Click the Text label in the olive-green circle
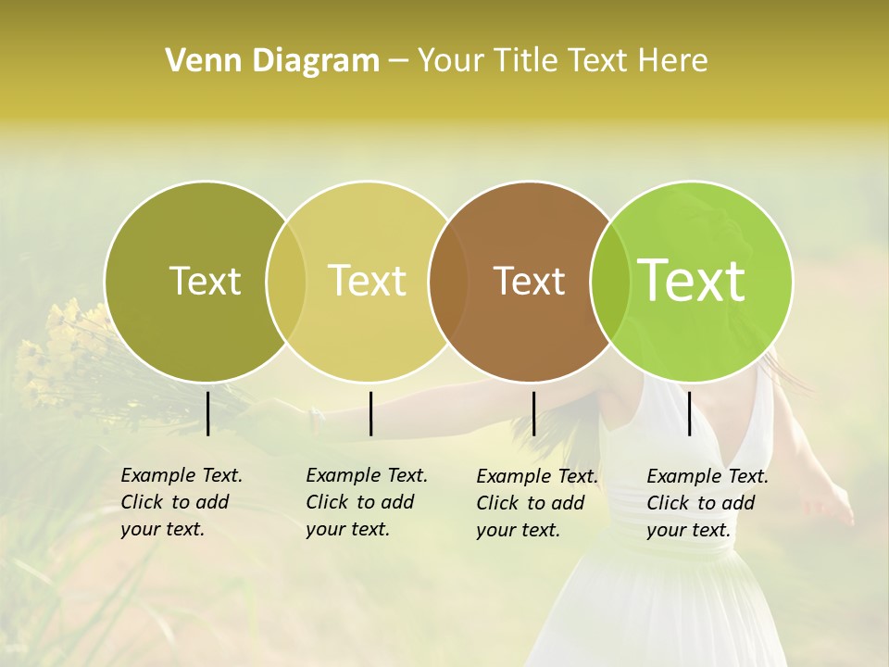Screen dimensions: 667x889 click(x=205, y=281)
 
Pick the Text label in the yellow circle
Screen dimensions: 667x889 click(x=367, y=281)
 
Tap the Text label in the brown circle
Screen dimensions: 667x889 click(x=529, y=281)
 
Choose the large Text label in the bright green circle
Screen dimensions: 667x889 click(x=691, y=281)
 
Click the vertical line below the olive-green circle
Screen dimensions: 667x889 click(x=207, y=413)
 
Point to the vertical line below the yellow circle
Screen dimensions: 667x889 click(x=370, y=413)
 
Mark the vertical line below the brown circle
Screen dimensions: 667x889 click(x=533, y=413)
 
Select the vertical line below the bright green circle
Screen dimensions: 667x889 click(x=689, y=413)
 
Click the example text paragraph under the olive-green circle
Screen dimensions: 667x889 click(x=181, y=502)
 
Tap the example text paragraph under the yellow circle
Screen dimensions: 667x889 click(x=366, y=502)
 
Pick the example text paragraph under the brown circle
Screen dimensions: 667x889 click(x=536, y=503)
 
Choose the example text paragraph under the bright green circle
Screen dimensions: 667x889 click(x=707, y=503)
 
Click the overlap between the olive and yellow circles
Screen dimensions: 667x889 click(x=286, y=281)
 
